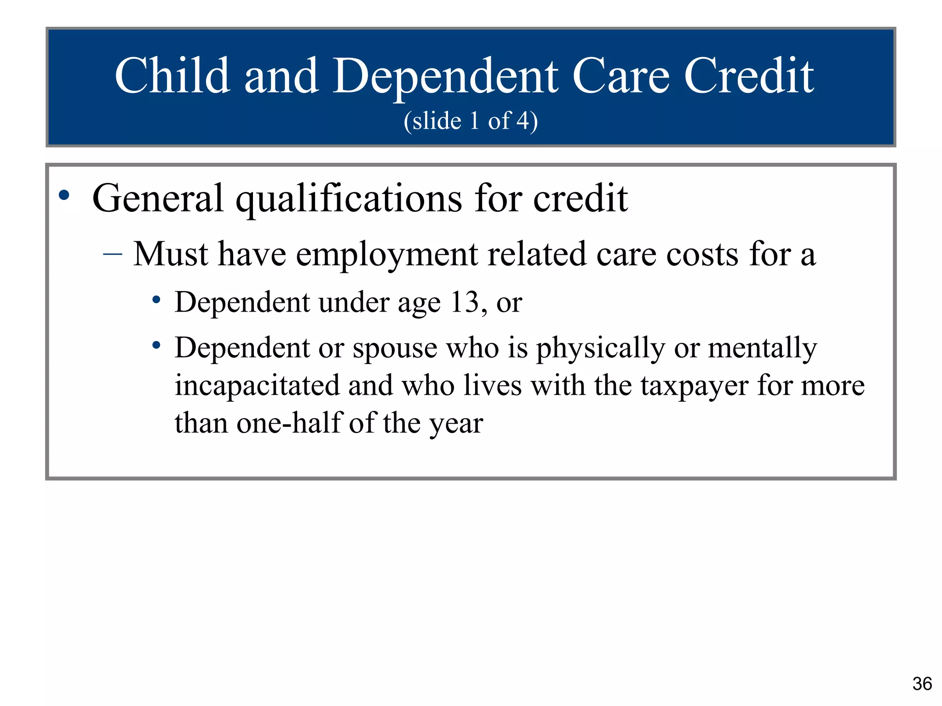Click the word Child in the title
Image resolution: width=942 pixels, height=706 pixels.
tap(172, 76)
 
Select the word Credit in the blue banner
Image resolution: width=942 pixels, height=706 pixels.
tap(749, 76)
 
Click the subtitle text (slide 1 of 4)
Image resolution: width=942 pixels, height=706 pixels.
tap(471, 121)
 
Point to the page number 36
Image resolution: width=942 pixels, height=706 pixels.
tap(922, 684)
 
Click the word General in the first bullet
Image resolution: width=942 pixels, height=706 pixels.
tap(158, 198)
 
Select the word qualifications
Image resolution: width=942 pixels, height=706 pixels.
tap(349, 199)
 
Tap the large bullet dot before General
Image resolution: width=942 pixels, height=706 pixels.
tap(64, 195)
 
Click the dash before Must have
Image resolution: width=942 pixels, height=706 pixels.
tap(113, 253)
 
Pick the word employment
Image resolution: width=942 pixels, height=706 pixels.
tap(386, 254)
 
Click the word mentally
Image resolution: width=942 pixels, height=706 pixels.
tap(763, 348)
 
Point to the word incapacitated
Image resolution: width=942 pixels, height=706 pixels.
tap(257, 386)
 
